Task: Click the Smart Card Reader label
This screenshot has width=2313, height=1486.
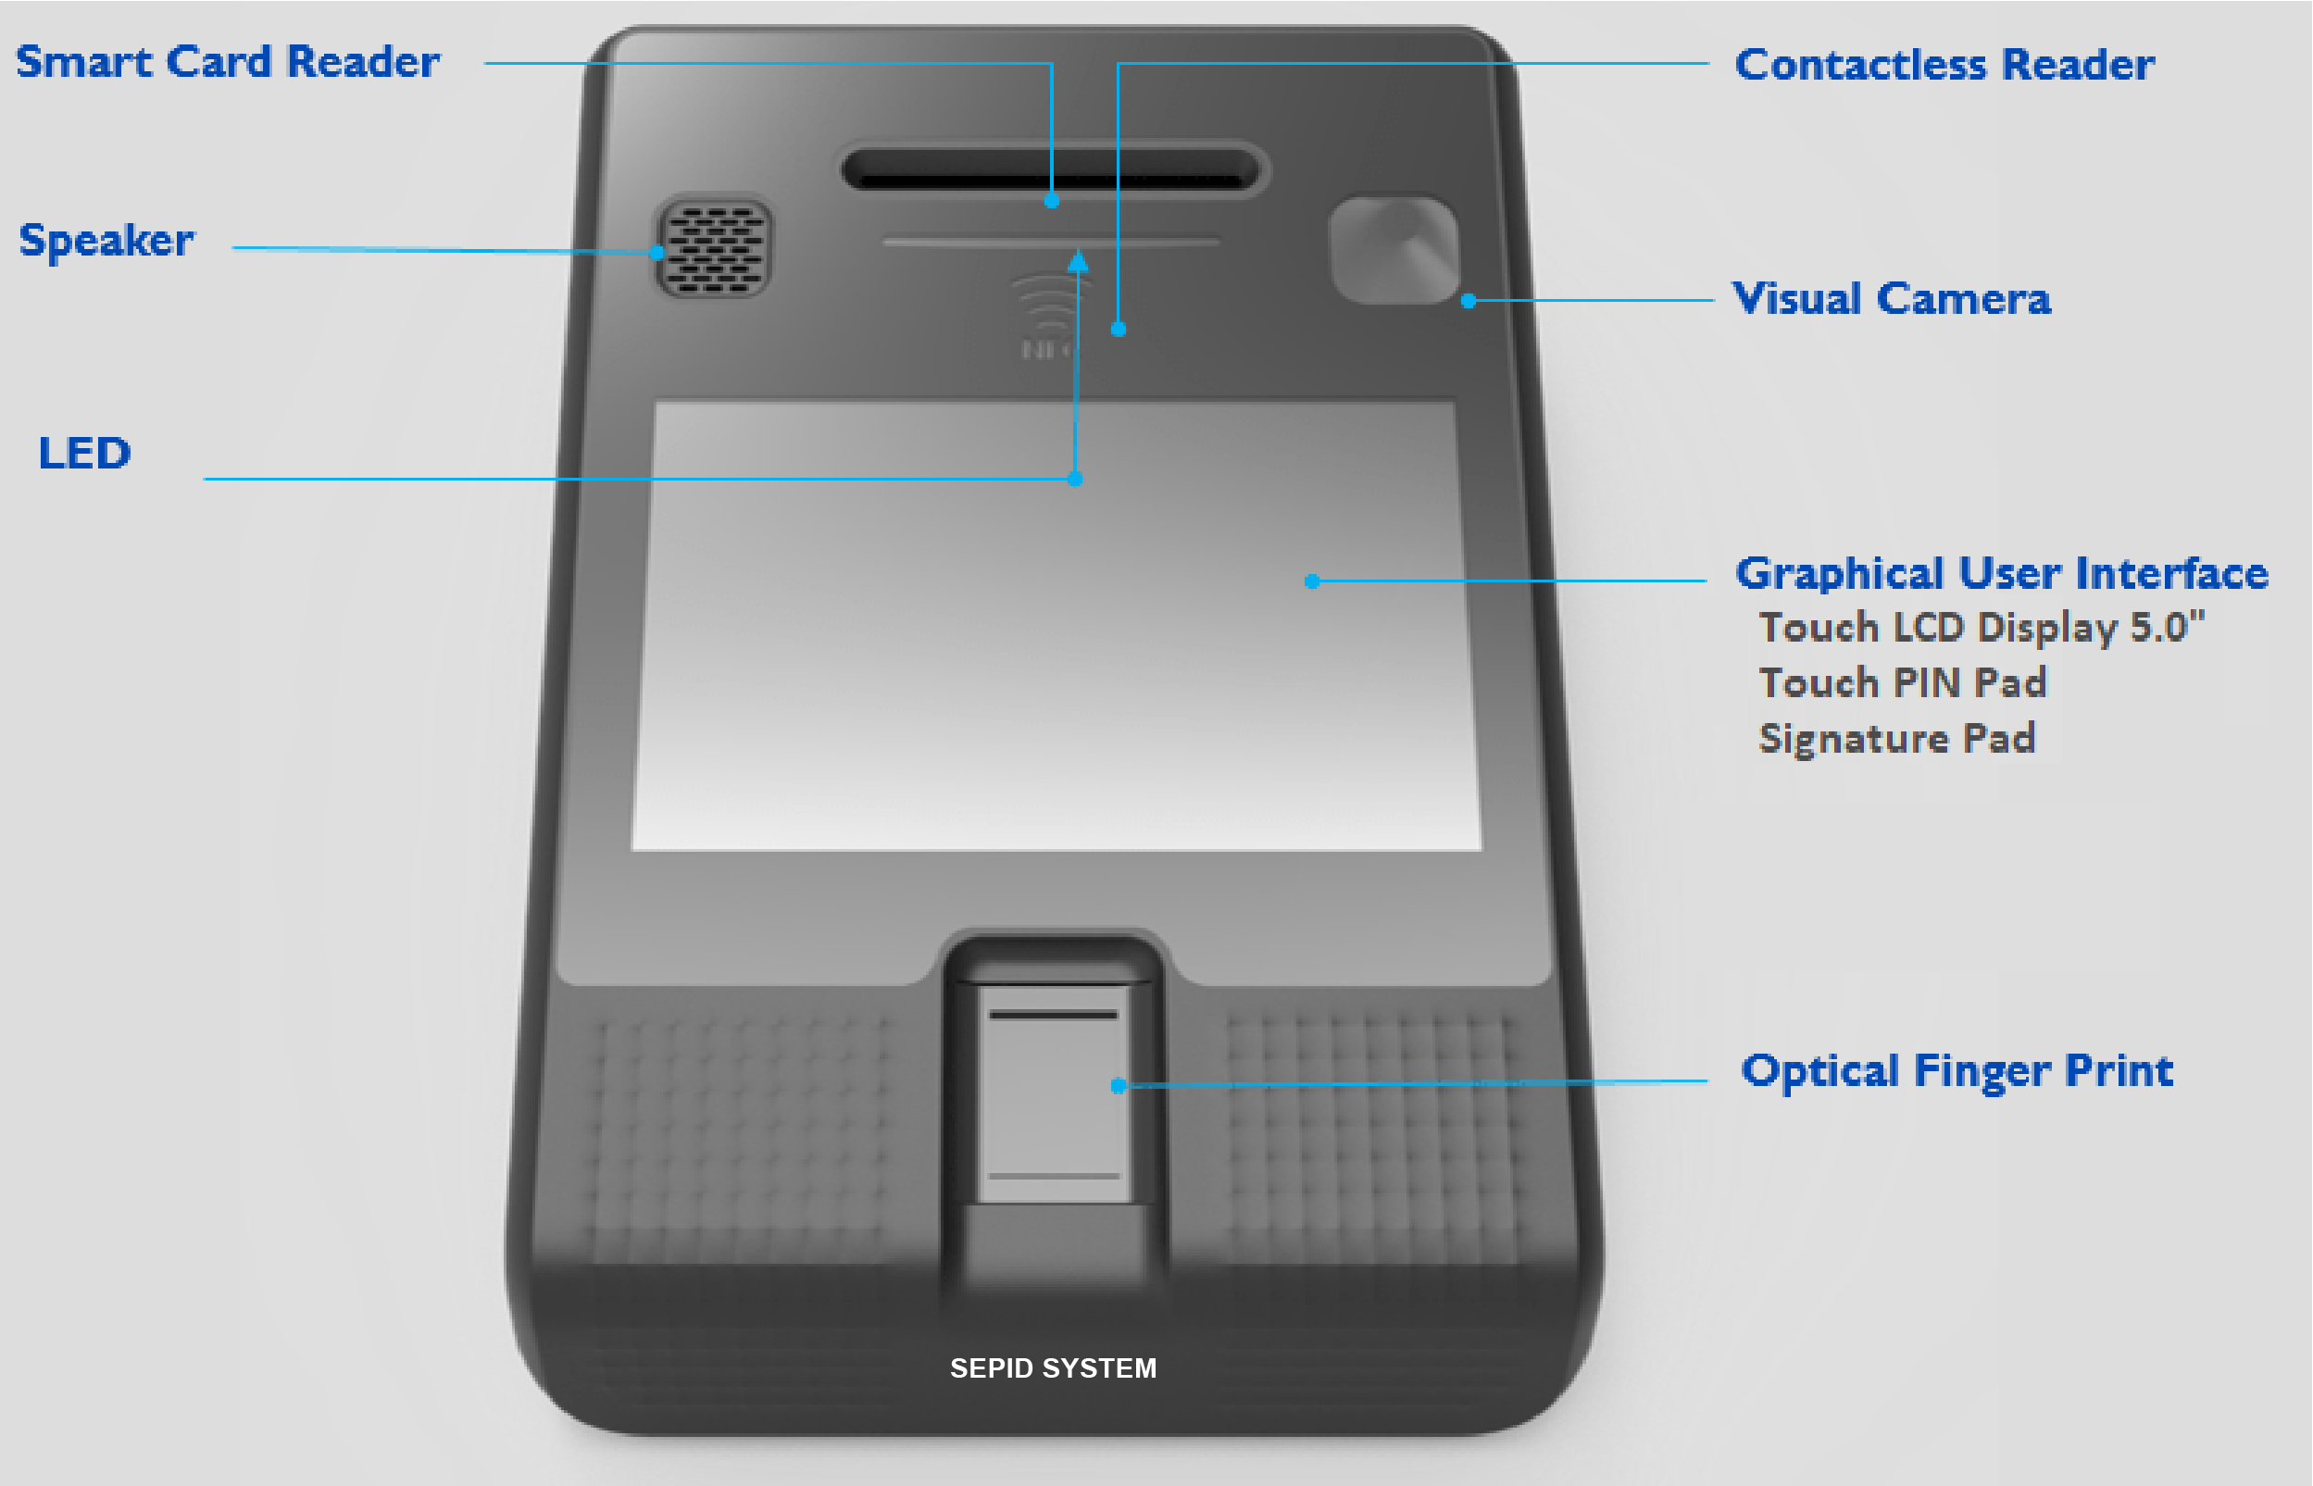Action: click(228, 62)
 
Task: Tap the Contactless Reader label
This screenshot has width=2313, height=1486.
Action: click(1944, 65)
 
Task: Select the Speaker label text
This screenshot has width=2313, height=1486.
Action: click(106, 241)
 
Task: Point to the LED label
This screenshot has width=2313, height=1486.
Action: click(85, 453)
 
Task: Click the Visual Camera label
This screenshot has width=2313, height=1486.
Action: click(1892, 299)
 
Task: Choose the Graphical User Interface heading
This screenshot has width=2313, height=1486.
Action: click(2001, 573)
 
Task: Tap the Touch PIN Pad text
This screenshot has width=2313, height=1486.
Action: click(1902, 683)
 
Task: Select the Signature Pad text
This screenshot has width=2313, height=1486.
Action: click(1897, 738)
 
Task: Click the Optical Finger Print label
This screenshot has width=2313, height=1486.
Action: click(1956, 1071)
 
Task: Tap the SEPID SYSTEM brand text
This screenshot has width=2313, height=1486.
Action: click(1053, 1368)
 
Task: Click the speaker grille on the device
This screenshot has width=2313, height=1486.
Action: click(714, 248)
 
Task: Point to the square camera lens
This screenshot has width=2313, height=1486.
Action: click(1394, 250)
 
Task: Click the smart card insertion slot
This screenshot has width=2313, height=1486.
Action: click(1052, 169)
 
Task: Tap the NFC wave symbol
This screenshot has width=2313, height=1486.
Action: click(1046, 304)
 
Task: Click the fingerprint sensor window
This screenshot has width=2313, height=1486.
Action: click(1054, 1093)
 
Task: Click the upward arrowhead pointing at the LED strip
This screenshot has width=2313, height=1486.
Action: click(1078, 260)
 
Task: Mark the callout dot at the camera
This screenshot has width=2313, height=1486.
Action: click(1468, 301)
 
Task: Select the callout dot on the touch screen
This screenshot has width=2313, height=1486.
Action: click(1311, 581)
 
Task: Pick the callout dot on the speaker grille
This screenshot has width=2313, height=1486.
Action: click(657, 253)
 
